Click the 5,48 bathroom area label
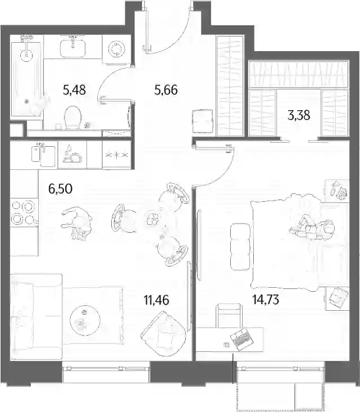pyautogui.click(x=74, y=90)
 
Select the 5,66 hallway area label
pyautogui.click(x=166, y=90)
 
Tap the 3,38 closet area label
pyautogui.click(x=299, y=115)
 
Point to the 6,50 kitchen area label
pyautogui.click(x=61, y=189)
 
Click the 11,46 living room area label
pyautogui.click(x=157, y=300)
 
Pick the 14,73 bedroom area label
pyautogui.click(x=266, y=299)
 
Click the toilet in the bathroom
pyautogui.click(x=73, y=117)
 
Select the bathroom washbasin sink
pyautogui.click(x=73, y=48)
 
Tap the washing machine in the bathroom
pyautogui.click(x=116, y=49)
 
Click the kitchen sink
pyautogui.click(x=44, y=156)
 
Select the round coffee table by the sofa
pyautogui.click(x=85, y=320)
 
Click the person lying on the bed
pyautogui.click(x=312, y=226)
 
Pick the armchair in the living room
pyautogui.click(x=163, y=333)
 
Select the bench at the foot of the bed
pyautogui.click(x=240, y=246)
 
